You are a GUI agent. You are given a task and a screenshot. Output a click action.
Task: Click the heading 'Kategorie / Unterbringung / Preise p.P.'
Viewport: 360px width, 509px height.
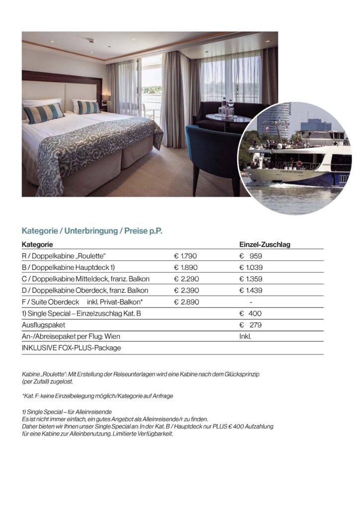click(92, 231)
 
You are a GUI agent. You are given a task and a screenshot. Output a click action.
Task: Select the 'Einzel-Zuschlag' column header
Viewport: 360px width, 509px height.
click(265, 245)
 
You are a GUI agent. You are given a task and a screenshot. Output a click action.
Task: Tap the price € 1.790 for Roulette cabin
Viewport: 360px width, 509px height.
click(186, 256)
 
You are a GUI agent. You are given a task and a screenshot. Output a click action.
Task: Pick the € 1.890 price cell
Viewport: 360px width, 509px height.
click(186, 268)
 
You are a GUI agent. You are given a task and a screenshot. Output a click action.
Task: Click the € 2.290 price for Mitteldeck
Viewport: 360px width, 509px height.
click(186, 279)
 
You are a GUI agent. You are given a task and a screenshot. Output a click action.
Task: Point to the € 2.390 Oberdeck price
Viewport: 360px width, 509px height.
click(186, 290)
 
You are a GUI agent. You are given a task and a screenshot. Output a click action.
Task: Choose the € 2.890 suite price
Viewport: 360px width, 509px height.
click(186, 302)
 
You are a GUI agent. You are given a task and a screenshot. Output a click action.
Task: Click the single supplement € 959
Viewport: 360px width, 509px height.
click(251, 256)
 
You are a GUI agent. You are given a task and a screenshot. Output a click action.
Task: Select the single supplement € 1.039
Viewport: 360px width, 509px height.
click(251, 268)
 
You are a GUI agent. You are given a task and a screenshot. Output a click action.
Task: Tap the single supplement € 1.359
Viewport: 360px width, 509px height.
click(251, 279)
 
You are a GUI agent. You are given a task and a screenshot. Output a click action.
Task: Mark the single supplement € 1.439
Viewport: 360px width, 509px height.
click(251, 290)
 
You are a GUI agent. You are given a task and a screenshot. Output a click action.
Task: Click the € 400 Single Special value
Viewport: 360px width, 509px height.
click(251, 314)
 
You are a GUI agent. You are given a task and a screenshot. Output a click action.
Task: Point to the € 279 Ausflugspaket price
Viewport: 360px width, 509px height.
click(251, 325)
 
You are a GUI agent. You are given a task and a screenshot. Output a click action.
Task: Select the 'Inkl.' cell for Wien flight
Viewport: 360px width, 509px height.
click(246, 337)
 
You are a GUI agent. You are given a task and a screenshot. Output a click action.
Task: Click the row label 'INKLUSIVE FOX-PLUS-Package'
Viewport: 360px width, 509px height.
click(71, 348)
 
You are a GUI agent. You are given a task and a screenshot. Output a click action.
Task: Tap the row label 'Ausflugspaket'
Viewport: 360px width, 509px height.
click(42, 325)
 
